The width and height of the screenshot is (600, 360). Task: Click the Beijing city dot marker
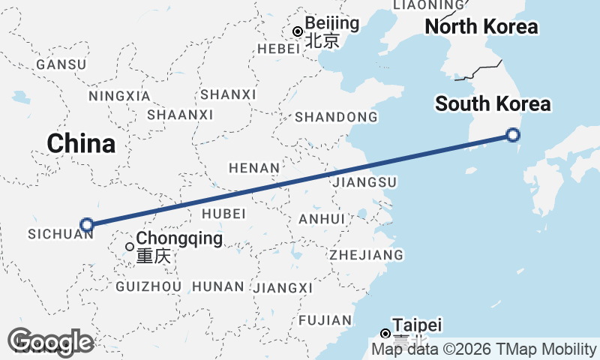click(298, 31)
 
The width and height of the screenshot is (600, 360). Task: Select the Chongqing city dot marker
click(130, 246)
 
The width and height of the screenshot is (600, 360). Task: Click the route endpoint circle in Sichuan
click(87, 224)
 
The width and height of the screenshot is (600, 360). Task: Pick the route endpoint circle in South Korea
click(513, 135)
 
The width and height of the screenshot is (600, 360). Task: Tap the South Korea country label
click(493, 104)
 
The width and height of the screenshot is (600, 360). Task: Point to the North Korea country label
click(481, 27)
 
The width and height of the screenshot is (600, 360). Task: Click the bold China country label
click(81, 143)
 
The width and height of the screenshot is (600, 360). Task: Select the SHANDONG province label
click(336, 117)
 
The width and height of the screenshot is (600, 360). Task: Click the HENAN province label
click(255, 168)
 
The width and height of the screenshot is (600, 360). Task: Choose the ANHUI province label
click(321, 219)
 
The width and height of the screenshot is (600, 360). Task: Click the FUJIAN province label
click(324, 320)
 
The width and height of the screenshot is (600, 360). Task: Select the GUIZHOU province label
click(149, 286)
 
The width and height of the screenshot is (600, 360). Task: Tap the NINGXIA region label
click(119, 96)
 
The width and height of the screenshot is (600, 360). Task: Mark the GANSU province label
click(61, 64)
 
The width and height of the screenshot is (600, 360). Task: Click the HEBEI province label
click(271, 48)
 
